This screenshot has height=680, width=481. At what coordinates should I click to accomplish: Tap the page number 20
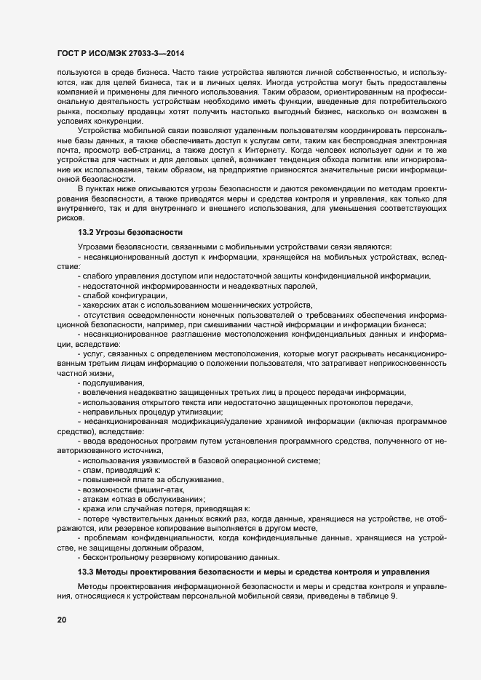pos(61,620)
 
